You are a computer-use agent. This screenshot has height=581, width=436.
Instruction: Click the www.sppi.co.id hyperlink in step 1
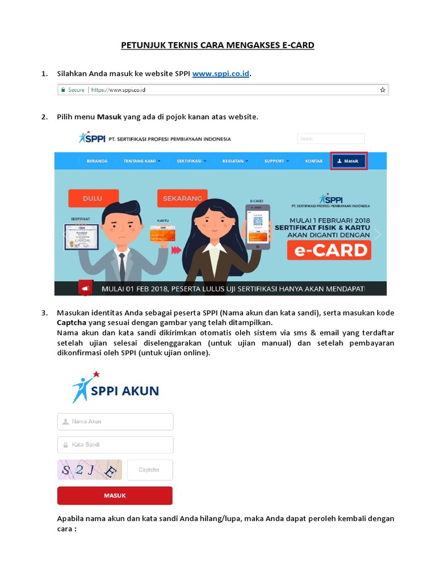click(x=221, y=74)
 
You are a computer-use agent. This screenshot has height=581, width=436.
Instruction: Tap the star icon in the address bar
click(x=383, y=90)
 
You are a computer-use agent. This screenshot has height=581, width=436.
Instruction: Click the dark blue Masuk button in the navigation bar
click(x=349, y=161)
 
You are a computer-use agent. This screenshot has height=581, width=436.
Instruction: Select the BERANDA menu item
click(x=97, y=161)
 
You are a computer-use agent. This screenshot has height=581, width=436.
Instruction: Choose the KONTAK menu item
click(x=314, y=161)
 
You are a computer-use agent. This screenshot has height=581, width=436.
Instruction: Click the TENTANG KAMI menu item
click(x=141, y=161)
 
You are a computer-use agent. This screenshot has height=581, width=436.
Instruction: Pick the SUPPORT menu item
click(x=276, y=161)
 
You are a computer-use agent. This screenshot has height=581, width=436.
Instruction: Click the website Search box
click(x=331, y=138)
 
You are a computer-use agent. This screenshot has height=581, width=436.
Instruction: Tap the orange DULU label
click(x=93, y=198)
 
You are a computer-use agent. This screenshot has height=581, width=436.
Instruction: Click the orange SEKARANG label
click(x=182, y=198)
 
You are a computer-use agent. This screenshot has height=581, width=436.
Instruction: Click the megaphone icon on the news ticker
click(x=85, y=289)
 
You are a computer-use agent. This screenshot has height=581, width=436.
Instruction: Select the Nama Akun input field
click(x=115, y=422)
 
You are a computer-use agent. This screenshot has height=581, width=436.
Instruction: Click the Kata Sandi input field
click(x=115, y=444)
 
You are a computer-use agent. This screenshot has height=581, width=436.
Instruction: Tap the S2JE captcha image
click(x=90, y=470)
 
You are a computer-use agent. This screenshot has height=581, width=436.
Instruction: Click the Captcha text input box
click(x=150, y=470)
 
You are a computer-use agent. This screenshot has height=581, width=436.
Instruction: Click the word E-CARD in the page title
click(x=298, y=45)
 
